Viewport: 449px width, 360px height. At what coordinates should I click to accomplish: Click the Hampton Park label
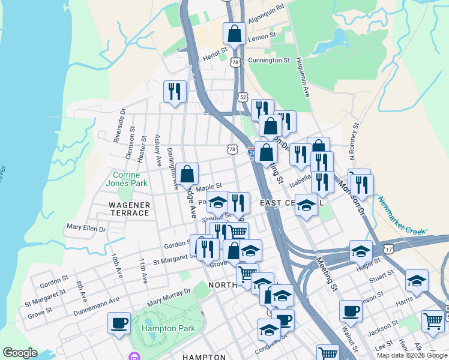click(167, 328)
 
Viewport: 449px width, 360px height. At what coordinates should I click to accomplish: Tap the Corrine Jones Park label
click(127, 179)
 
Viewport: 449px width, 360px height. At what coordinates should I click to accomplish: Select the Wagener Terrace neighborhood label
click(128, 209)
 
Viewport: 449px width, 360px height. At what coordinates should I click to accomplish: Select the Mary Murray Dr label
click(169, 296)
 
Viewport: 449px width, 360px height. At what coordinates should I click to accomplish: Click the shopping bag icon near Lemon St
click(235, 34)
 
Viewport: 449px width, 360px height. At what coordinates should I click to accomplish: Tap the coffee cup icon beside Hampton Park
click(119, 323)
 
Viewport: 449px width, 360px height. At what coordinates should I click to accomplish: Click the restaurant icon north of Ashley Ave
click(175, 91)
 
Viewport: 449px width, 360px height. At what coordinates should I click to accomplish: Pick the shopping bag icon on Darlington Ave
click(187, 174)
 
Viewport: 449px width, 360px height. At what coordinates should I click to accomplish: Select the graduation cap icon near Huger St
click(361, 251)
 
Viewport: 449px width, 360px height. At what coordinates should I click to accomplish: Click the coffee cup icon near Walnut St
click(351, 311)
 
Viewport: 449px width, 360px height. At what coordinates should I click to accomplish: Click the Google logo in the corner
click(20, 353)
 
